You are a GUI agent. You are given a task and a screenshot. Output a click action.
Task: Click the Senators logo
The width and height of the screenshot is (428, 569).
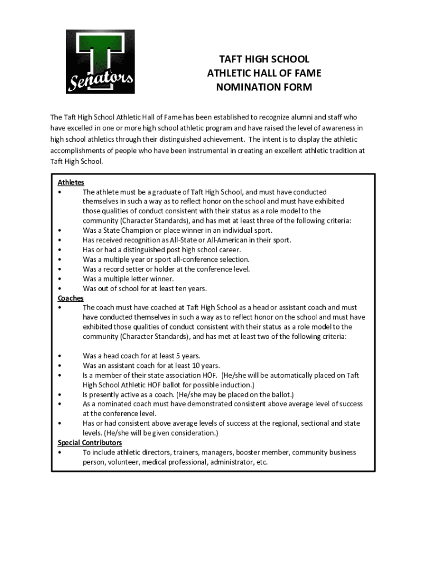[100, 61]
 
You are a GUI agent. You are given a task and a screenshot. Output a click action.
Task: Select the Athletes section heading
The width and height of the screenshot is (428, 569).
[71, 182]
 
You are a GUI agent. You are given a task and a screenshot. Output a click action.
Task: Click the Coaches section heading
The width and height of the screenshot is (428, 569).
[71, 298]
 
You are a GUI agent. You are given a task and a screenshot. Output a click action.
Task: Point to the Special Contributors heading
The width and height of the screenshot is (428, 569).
[89, 443]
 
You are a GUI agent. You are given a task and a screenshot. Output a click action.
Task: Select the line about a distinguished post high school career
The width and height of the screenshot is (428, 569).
[162, 250]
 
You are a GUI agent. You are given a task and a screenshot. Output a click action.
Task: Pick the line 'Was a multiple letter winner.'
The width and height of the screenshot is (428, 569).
[128, 279]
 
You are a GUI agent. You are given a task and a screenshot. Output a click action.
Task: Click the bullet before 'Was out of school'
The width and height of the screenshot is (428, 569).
[59, 289]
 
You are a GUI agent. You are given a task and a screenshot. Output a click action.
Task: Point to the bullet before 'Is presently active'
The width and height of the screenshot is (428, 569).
[59, 395]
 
